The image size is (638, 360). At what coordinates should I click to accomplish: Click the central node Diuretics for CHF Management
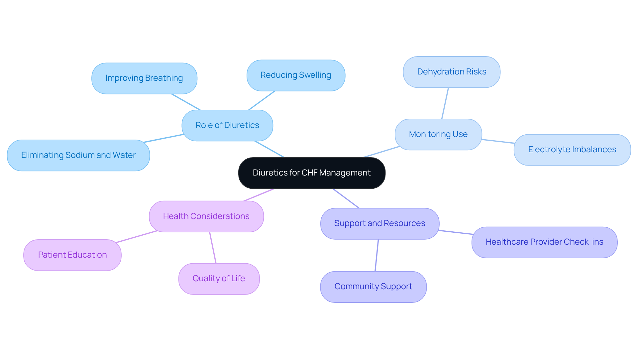(312, 173)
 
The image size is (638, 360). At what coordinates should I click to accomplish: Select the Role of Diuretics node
(227, 125)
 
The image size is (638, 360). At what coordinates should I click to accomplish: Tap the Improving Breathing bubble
(144, 78)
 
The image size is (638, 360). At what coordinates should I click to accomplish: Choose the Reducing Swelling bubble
(296, 75)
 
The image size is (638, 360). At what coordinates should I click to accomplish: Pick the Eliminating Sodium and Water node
(78, 155)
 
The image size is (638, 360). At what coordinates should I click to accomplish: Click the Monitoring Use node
(438, 134)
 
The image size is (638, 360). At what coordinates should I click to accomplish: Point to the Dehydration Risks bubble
(452, 72)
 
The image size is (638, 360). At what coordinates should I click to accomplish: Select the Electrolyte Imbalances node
(572, 150)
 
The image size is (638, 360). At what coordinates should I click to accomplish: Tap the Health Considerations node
(206, 216)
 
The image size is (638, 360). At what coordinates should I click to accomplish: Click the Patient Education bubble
(72, 255)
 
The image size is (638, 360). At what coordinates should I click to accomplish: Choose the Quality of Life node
(219, 279)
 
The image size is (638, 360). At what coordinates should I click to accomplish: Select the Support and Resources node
(380, 223)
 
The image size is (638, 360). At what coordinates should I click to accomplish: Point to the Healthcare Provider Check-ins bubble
(544, 242)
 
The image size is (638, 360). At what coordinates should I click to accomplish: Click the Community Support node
(373, 287)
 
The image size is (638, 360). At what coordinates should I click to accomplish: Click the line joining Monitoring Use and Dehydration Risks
(445, 103)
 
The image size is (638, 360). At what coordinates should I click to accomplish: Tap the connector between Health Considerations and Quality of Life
(213, 248)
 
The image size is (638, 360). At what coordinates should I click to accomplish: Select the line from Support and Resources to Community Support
(377, 255)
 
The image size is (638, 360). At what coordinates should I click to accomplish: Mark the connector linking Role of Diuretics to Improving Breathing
(186, 102)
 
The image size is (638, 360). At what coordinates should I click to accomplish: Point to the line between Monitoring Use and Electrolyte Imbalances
(498, 141)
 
